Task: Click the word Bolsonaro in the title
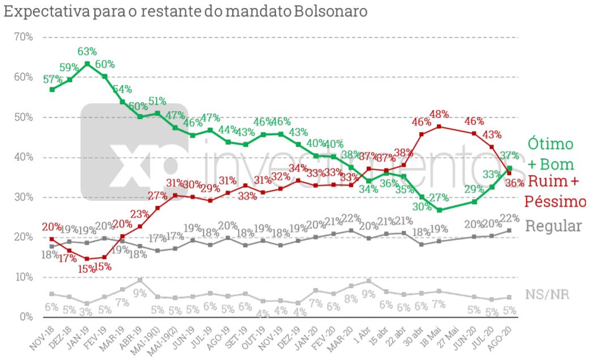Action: coord(330,11)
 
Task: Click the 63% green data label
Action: coord(87,52)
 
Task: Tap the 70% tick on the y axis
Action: coord(23,37)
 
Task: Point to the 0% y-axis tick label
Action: coord(26,317)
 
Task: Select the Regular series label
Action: coord(554,226)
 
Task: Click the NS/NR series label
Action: coord(547,295)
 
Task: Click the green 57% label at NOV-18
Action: coord(52,79)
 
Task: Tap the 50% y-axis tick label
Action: coord(23,117)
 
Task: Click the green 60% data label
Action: coord(104,64)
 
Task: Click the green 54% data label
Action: coord(121,90)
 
